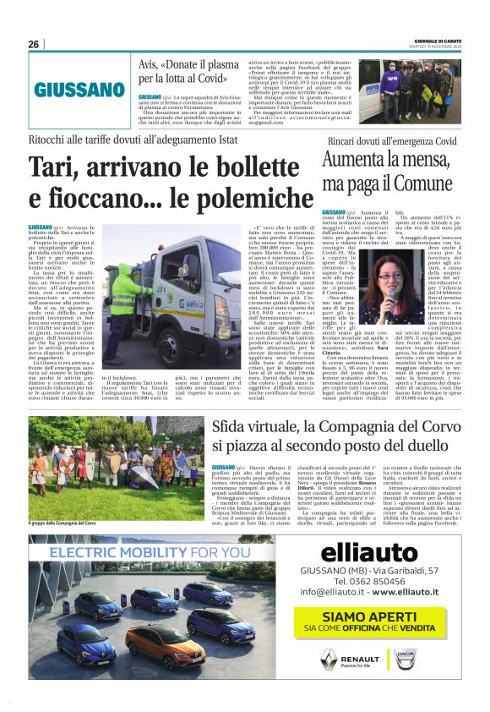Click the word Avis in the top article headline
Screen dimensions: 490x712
click(x=150, y=64)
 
